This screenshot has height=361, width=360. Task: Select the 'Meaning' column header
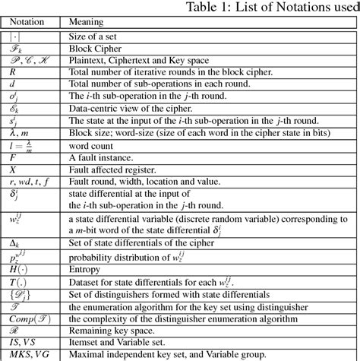[x=87, y=23]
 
